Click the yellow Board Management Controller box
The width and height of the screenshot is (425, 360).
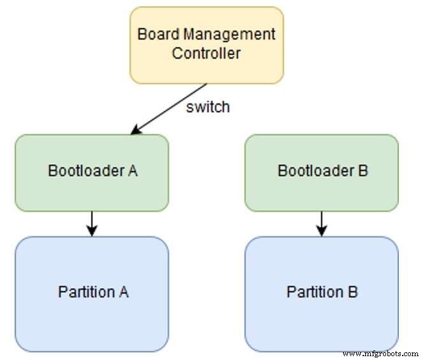click(x=206, y=45)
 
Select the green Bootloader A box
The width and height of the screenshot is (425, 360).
click(x=92, y=172)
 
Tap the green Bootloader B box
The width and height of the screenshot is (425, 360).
click(x=322, y=172)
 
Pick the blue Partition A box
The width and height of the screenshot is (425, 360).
click(x=92, y=294)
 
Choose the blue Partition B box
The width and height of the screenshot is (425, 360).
click(x=322, y=294)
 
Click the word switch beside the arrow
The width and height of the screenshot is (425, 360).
click(x=208, y=107)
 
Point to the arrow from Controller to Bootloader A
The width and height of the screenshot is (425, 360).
click(x=169, y=108)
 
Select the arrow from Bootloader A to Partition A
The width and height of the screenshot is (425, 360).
click(x=92, y=224)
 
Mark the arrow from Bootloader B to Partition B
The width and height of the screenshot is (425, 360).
click(x=322, y=224)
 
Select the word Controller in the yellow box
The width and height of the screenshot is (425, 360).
click(x=206, y=53)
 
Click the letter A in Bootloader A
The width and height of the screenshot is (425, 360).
click(x=133, y=171)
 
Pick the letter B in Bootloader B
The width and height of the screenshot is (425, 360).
click(x=363, y=171)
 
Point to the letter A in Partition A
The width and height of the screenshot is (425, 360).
click(x=124, y=292)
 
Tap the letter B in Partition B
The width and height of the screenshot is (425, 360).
click(x=352, y=292)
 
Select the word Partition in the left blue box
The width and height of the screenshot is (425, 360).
click(x=85, y=292)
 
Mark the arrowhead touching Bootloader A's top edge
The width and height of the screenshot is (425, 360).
click(x=134, y=131)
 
